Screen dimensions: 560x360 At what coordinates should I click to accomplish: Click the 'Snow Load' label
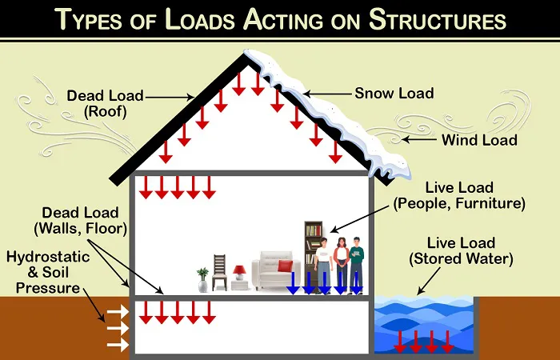(x=394, y=94)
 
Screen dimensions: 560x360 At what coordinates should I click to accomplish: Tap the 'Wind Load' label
(x=479, y=140)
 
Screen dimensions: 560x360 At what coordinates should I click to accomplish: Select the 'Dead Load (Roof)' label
(x=106, y=103)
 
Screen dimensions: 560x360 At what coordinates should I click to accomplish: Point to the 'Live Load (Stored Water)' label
(x=461, y=251)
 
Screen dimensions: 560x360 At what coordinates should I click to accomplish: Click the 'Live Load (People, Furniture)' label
(x=459, y=196)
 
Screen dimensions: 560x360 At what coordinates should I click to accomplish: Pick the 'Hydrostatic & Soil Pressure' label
(x=48, y=272)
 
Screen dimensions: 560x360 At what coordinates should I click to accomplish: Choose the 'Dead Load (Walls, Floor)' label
(x=81, y=221)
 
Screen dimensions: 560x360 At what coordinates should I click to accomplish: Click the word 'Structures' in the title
(x=437, y=19)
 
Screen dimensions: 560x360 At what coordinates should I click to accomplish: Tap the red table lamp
(x=239, y=273)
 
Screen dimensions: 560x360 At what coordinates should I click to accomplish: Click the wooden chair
(x=219, y=272)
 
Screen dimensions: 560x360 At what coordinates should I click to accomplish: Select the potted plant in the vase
(x=202, y=280)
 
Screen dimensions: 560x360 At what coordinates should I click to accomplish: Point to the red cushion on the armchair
(x=285, y=266)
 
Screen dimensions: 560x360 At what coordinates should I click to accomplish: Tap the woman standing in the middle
(x=342, y=265)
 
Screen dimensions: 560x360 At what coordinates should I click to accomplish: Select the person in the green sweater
(x=357, y=265)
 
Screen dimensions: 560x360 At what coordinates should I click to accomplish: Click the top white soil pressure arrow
(x=118, y=310)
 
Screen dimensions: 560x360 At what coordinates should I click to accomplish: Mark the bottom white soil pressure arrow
(x=118, y=345)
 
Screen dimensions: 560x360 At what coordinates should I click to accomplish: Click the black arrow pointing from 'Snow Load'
(x=327, y=94)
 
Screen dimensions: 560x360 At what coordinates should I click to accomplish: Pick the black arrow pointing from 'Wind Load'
(x=419, y=140)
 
